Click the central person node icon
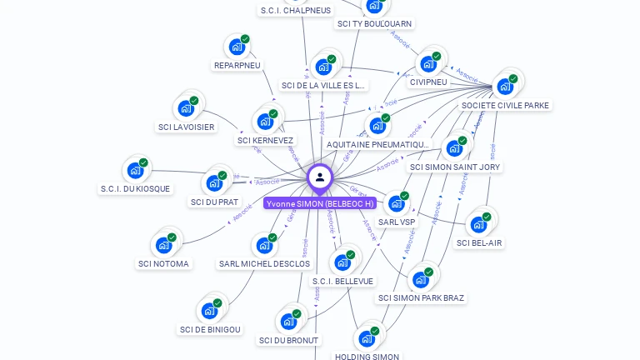coord(320,177)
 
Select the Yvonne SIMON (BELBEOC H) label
coord(319,203)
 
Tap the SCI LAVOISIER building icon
coord(186,109)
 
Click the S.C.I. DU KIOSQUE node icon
coord(135,171)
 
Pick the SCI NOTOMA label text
coord(163,264)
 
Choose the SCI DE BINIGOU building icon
coord(209,311)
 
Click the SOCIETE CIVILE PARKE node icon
coord(505,87)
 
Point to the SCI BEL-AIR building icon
coord(478,224)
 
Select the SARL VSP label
coord(397,222)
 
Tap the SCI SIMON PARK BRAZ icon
coord(421,279)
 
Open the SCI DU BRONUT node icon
coord(288,322)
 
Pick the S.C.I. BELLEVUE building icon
coord(342,262)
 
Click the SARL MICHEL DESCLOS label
coord(264,264)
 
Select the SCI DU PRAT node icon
coord(214,183)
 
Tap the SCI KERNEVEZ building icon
coord(265,122)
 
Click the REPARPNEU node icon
coord(237,47)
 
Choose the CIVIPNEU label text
coord(428,82)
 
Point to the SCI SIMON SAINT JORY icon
coord(454,148)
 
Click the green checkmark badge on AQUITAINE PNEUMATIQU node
coord(385,118)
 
